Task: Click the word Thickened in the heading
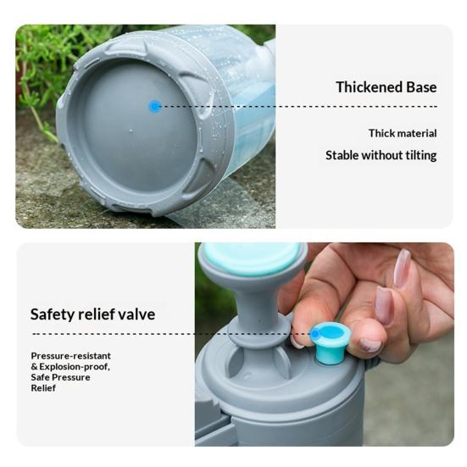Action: (x=369, y=87)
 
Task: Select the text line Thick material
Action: (x=403, y=133)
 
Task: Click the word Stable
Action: (x=342, y=155)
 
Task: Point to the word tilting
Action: (x=421, y=156)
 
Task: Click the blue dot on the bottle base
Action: (x=155, y=106)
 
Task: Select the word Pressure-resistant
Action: (x=71, y=356)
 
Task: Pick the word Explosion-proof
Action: (x=75, y=367)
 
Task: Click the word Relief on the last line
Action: (x=43, y=388)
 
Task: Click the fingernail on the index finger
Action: (x=384, y=306)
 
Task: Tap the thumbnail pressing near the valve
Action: (x=370, y=345)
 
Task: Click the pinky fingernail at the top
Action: (x=402, y=268)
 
